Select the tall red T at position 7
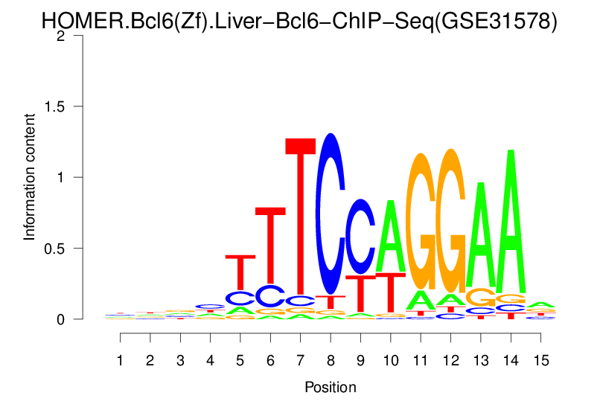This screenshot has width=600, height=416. (x=301, y=216)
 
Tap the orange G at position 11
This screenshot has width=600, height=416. (x=421, y=221)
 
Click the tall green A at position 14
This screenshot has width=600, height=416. (x=511, y=223)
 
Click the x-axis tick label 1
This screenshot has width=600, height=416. (x=121, y=360)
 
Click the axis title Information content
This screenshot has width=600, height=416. (x=29, y=177)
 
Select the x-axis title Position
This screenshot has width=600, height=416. (x=331, y=387)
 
